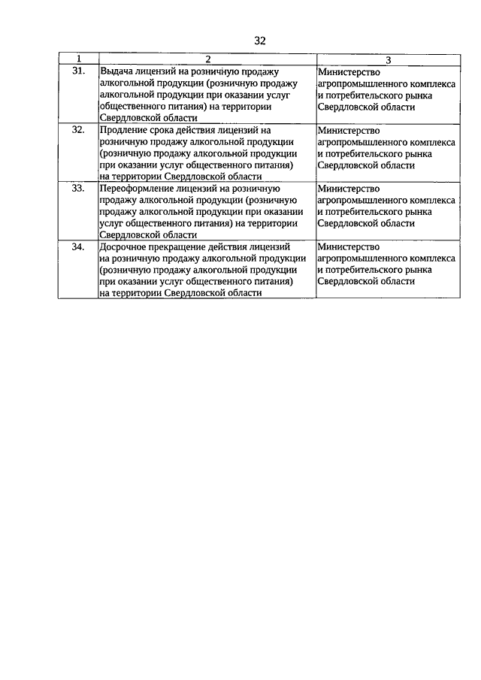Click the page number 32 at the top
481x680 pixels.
[261, 41]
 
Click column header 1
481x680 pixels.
[77, 59]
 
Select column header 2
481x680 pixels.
[207, 59]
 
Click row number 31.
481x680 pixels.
[77, 71]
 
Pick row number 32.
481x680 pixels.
[77, 129]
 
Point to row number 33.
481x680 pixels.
[77, 188]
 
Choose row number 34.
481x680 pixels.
[77, 246]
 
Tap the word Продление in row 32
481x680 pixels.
[122, 129]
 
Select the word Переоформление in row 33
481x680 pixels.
[136, 188]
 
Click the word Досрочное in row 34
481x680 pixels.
[123, 246]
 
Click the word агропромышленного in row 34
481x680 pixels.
[363, 258]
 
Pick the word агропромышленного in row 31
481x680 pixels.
[363, 83]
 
